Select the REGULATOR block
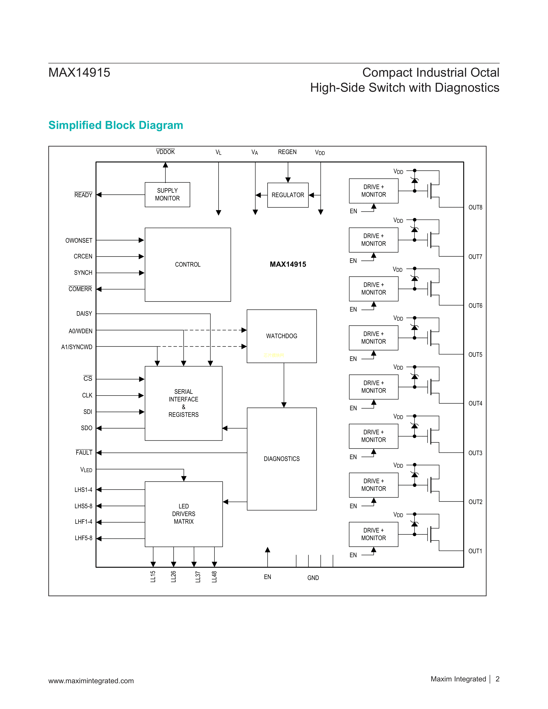click(288, 195)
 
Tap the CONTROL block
click(188, 264)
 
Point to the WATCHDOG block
click(282, 336)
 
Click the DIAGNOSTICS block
click(282, 459)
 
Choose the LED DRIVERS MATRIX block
click(184, 514)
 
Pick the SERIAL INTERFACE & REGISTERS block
click(184, 403)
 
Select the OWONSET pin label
click(79, 241)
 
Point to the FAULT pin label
click(84, 452)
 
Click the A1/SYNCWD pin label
click(77, 347)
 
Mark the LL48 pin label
click(214, 577)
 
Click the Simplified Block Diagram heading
click(116, 125)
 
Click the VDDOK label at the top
click(165, 152)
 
